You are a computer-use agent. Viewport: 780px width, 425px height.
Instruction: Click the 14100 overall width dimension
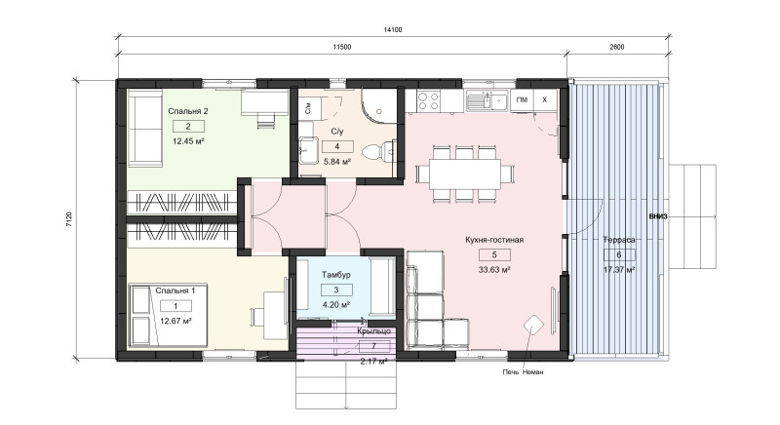tap(393, 30)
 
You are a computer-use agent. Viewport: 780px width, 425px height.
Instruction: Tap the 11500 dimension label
tap(342, 47)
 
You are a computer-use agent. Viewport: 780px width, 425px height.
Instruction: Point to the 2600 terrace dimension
tap(616, 47)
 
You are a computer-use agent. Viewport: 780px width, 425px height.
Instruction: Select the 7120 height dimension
tap(69, 219)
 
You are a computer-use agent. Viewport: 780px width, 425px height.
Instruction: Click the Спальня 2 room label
tap(188, 111)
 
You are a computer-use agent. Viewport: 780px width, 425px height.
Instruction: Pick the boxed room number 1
tap(175, 306)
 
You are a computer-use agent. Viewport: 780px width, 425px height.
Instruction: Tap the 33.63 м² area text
tap(494, 270)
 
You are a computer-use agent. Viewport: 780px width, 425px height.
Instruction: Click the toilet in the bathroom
tap(378, 151)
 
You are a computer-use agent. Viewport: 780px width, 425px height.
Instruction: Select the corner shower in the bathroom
tap(379, 106)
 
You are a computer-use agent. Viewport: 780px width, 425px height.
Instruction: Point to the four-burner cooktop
tap(428, 101)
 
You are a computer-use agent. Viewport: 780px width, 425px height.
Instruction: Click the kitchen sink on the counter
tap(487, 101)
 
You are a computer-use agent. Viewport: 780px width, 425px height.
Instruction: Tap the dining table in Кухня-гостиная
tap(465, 174)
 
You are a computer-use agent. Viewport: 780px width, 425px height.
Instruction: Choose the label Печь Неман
tap(523, 371)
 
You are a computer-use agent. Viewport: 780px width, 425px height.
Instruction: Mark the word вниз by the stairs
tap(658, 216)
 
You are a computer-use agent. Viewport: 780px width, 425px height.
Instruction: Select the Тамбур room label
tap(336, 275)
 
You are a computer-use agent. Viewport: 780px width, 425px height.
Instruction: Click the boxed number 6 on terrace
tap(619, 254)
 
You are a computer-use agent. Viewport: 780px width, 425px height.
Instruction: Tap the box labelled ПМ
tap(522, 99)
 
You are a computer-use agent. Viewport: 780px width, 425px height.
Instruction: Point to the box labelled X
tap(545, 99)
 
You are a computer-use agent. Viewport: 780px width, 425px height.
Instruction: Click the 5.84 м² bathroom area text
tap(337, 162)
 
